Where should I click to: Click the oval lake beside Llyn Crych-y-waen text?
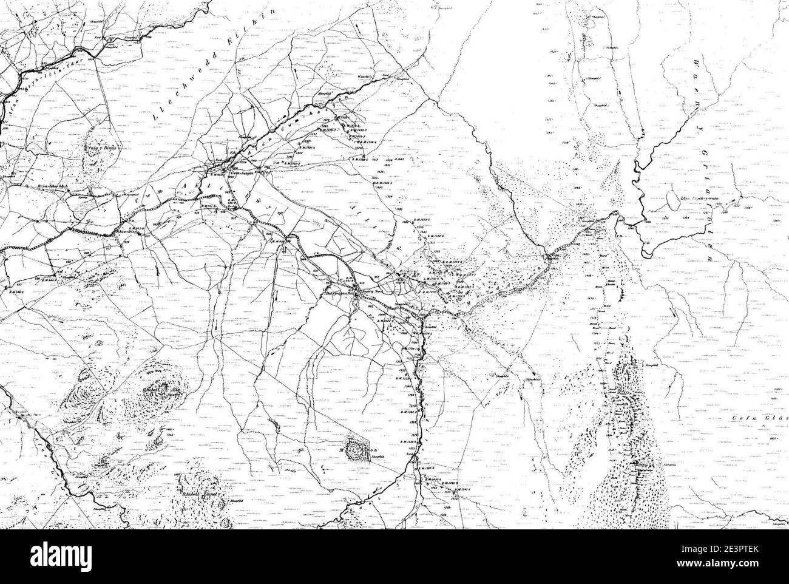click(x=673, y=198)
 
